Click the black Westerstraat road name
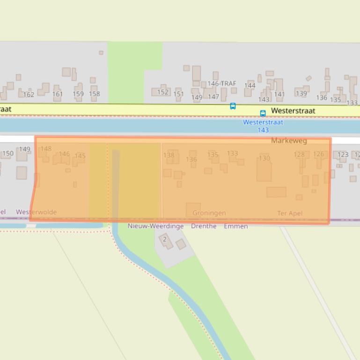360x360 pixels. click(x=293, y=111)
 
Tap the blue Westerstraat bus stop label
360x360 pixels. click(x=263, y=122)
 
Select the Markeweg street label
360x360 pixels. click(x=289, y=140)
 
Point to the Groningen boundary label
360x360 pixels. click(x=209, y=213)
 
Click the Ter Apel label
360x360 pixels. click(x=290, y=213)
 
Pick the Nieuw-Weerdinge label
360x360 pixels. click(x=155, y=226)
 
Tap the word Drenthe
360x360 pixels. click(x=204, y=226)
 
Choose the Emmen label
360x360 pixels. click(x=235, y=226)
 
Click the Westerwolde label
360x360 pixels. click(x=36, y=212)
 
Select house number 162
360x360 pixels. click(x=29, y=94)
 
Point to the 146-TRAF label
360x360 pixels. click(x=222, y=83)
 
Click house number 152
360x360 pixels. click(x=162, y=92)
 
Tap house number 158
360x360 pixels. click(x=95, y=94)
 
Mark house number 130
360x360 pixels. click(x=264, y=158)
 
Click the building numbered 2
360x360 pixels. click(x=165, y=239)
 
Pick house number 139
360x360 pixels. click(x=301, y=93)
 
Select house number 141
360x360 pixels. click(x=279, y=94)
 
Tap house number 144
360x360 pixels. click(x=250, y=86)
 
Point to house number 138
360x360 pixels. click(x=169, y=155)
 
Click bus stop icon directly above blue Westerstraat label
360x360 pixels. click(x=263, y=113)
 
